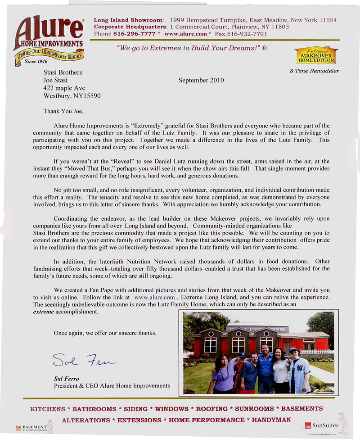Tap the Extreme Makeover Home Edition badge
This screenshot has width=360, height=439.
tap(316, 55)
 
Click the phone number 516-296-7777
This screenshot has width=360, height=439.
tap(128, 34)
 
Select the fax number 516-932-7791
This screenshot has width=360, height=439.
tap(249, 34)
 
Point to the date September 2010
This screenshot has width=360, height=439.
tap(201, 81)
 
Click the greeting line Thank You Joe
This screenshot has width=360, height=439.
tap(63, 111)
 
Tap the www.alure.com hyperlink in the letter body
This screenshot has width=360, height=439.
tap(154, 298)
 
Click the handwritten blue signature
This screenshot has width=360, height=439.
tap(84, 359)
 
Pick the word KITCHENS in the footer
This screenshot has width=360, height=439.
tap(47, 409)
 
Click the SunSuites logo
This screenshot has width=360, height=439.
tap(322, 425)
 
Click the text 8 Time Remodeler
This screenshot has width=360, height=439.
tap(315, 71)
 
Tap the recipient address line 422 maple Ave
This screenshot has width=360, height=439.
tap(64, 88)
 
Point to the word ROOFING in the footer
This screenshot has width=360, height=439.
tap(212, 409)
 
